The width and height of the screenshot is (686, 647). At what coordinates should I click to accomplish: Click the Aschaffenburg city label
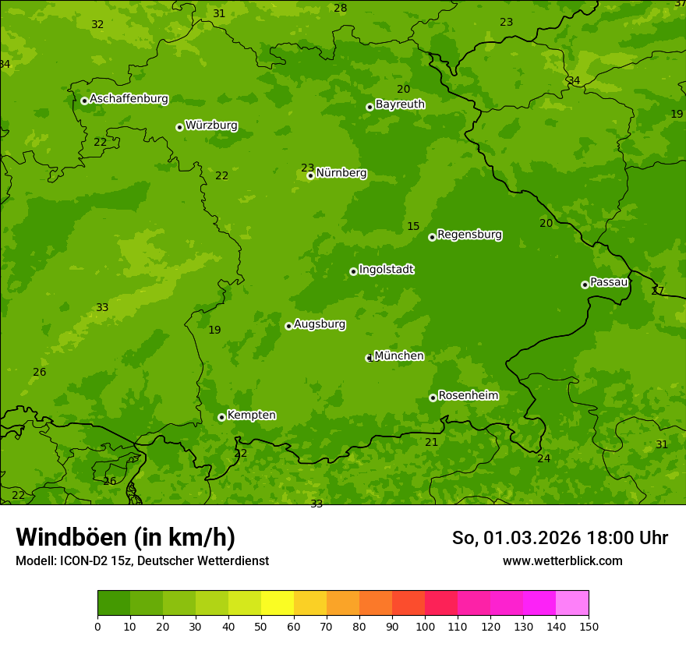pos(129,99)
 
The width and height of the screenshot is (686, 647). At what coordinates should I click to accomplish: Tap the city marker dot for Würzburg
pos(179,127)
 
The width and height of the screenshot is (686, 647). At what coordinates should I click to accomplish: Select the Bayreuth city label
pos(400,104)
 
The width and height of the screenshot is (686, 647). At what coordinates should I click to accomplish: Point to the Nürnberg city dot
pos(310,175)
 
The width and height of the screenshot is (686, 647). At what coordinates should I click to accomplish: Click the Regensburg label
pos(469,234)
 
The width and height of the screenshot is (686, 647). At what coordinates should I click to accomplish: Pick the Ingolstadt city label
pos(386,269)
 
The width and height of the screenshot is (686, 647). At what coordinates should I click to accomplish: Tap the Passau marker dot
pos(585,285)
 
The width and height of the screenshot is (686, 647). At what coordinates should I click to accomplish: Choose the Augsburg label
pos(319,323)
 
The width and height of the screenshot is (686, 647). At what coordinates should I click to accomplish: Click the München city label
pos(399,355)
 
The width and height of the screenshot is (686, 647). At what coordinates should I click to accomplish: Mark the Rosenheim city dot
pos(433,398)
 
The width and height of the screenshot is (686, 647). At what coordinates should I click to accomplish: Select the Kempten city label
pos(251,415)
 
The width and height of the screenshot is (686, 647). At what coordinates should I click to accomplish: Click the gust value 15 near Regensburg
pos(413,227)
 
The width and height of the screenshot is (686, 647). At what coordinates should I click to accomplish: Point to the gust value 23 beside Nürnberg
pos(307,168)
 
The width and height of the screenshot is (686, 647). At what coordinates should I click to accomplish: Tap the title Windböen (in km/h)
pos(126,537)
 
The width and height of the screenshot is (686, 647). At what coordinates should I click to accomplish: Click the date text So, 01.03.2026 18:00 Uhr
pos(560,538)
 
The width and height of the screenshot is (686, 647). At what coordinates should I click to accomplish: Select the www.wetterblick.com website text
pos(562,560)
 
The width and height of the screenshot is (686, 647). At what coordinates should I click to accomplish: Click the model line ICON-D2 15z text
pos(142,560)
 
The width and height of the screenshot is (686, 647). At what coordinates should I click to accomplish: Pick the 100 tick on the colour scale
pos(425,626)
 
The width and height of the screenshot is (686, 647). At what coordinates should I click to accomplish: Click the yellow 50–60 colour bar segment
pos(278,603)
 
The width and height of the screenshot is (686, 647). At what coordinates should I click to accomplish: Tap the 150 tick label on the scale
pos(589,626)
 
